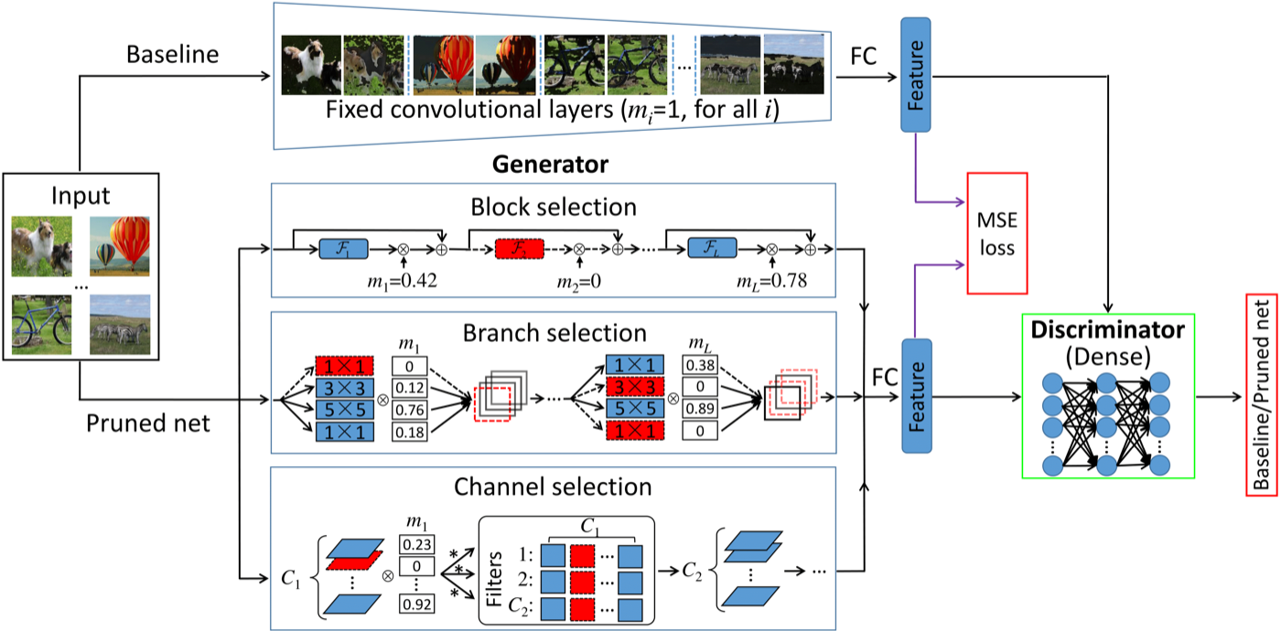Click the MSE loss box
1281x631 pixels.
pyautogui.click(x=996, y=233)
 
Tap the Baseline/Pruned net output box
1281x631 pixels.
pyautogui.click(x=1262, y=395)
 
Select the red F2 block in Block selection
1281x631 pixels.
pyautogui.click(x=520, y=249)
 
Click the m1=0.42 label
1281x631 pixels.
pyautogui.click(x=402, y=282)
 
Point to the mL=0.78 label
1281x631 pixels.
pyautogui.click(x=771, y=282)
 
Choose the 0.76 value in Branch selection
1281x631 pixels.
pyautogui.click(x=410, y=410)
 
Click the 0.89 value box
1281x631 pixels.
pyautogui.click(x=700, y=409)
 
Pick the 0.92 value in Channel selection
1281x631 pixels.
pyautogui.click(x=416, y=604)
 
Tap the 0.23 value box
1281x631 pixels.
pyautogui.click(x=416, y=544)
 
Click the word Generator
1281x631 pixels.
pyautogui.click(x=550, y=165)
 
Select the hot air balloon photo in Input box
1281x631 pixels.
pyautogui.click(x=120, y=246)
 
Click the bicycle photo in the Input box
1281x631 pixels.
pyautogui.click(x=42, y=324)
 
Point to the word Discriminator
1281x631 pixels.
pyautogui.click(x=1108, y=330)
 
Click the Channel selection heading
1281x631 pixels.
pyautogui.click(x=553, y=487)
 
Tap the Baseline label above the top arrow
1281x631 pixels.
pyautogui.click(x=173, y=55)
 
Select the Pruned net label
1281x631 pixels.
pyautogui.click(x=148, y=423)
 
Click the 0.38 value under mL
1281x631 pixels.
pyautogui.click(x=700, y=365)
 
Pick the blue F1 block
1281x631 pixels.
pyautogui.click(x=343, y=249)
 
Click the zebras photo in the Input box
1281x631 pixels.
pyautogui.click(x=120, y=324)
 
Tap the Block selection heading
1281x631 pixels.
pyautogui.click(x=554, y=207)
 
